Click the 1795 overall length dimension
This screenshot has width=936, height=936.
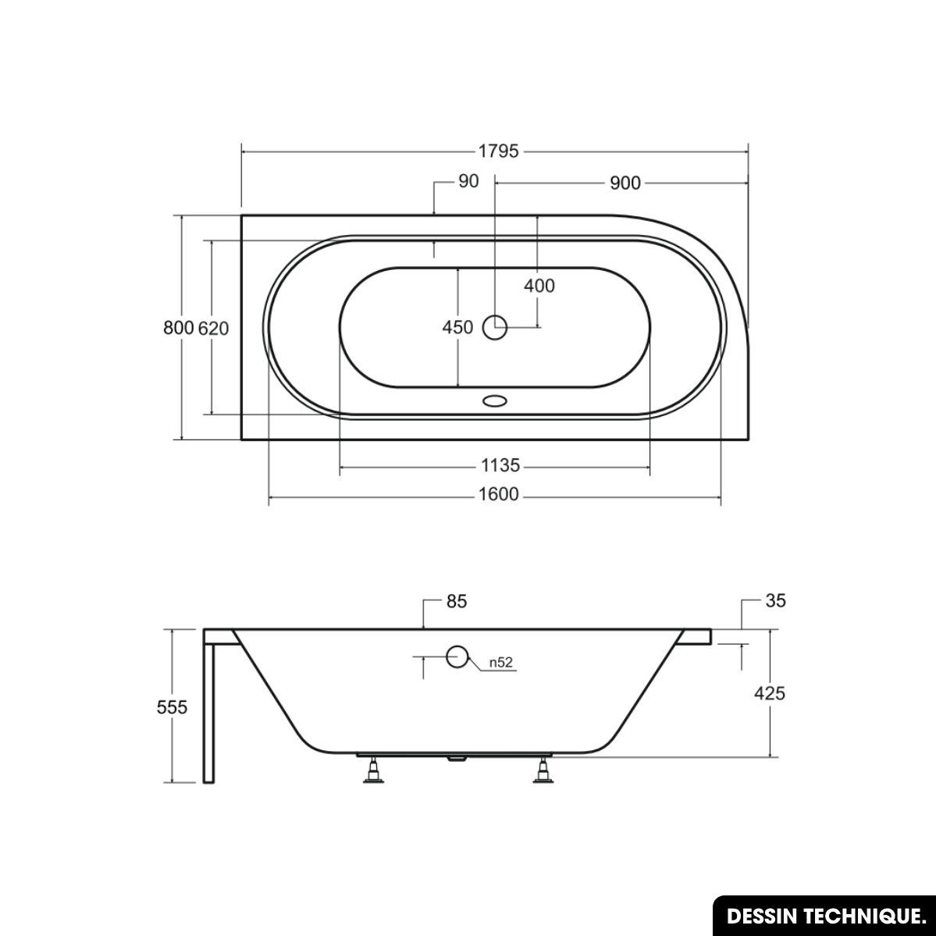pos(498,151)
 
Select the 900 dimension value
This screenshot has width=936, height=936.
pos(625,183)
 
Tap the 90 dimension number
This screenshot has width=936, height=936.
pos(468,181)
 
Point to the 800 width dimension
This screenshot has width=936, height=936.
pos(179,328)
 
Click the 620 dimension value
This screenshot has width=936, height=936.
pos(213,329)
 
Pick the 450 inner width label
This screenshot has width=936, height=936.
pos(457,327)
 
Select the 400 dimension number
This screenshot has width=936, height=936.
pos(539,286)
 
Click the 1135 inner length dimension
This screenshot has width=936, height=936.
pos(500,464)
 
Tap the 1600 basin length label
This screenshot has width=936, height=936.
pos(498,495)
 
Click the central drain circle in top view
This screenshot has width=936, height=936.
pos(495,328)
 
